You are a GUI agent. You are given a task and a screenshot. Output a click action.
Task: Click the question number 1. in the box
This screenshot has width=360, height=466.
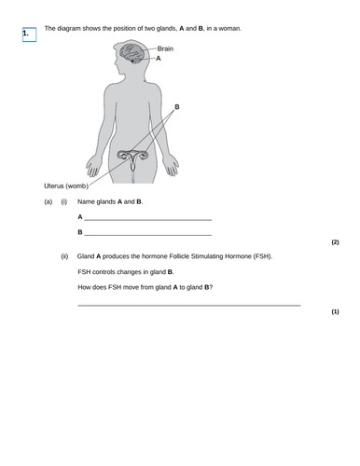(x=28, y=34)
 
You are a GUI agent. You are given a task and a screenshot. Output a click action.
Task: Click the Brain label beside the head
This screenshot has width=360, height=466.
(x=166, y=48)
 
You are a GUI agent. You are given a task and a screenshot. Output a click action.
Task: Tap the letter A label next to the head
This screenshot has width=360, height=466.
(x=159, y=58)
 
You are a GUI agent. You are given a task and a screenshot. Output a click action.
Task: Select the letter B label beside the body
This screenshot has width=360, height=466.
(x=177, y=107)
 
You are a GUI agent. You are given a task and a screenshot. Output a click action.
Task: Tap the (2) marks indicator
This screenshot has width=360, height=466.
(x=335, y=241)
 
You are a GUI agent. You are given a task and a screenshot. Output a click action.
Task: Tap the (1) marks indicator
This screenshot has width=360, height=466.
(x=335, y=311)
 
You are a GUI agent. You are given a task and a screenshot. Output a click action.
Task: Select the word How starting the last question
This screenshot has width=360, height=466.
(x=86, y=287)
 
